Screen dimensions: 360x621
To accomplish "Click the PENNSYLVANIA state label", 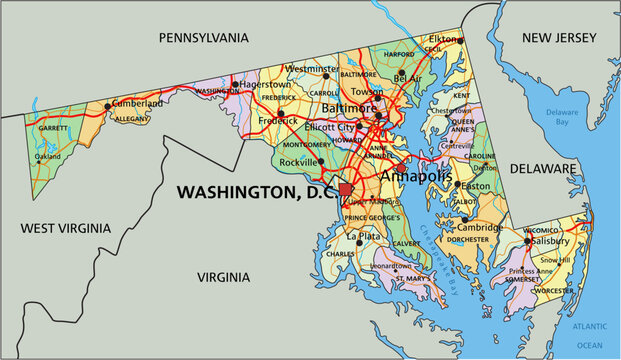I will [x=203, y=37].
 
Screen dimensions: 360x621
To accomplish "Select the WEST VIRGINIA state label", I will [x=63, y=229].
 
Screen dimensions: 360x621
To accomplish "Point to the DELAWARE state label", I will [x=544, y=168].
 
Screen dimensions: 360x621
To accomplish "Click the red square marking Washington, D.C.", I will [x=346, y=189].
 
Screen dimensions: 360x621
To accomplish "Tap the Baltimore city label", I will [x=349, y=107].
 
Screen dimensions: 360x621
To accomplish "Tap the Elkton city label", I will [x=444, y=40].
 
